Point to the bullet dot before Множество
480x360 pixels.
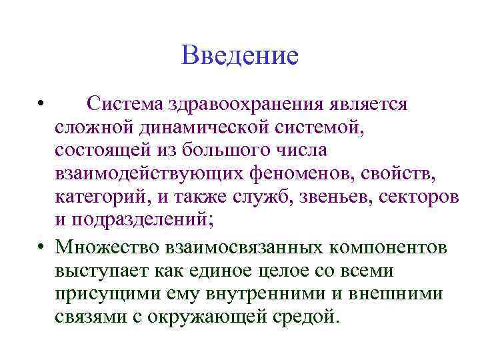tap(41, 247)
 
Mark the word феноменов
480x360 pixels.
tap(303, 175)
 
